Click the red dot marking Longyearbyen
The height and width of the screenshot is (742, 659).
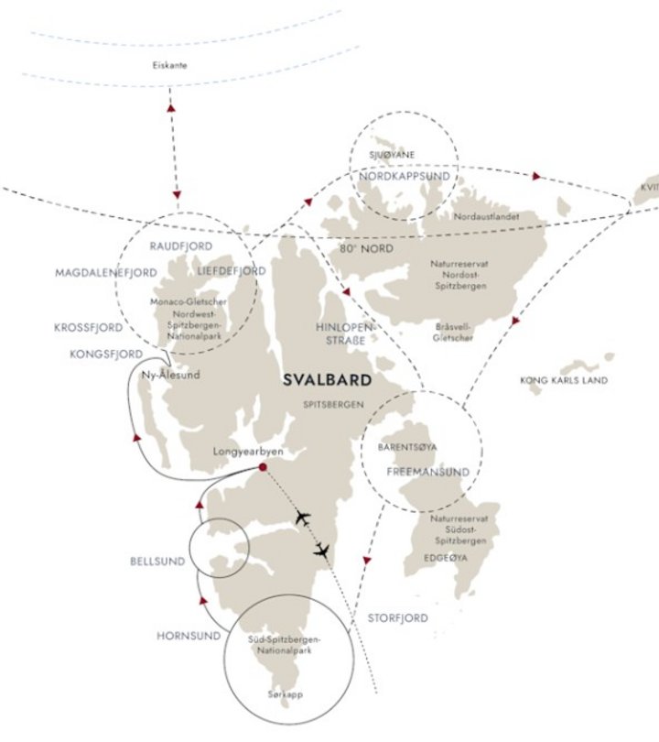[263, 468]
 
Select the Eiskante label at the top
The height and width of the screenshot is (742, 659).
[174, 65]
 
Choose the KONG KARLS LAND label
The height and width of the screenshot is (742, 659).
[563, 380]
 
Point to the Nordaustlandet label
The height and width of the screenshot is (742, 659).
[487, 217]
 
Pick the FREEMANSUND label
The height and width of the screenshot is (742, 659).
[427, 473]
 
